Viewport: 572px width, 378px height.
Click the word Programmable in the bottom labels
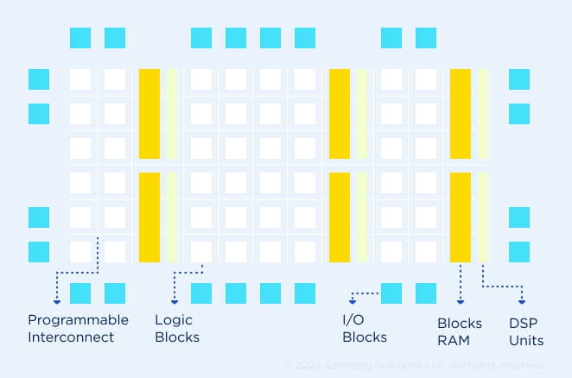click(78, 320)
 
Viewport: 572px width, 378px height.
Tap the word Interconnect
click(71, 337)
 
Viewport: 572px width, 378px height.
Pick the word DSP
click(522, 323)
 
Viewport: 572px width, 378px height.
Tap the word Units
click(525, 340)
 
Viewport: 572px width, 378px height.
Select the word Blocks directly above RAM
click(460, 323)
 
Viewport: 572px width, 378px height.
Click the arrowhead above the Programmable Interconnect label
click(57, 301)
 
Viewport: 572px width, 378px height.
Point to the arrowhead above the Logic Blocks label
click(175, 301)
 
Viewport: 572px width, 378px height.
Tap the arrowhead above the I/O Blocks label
click(353, 301)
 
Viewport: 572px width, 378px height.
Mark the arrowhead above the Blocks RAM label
click(461, 301)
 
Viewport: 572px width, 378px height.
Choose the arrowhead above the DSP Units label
click(522, 301)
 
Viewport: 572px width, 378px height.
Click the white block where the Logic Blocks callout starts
click(201, 251)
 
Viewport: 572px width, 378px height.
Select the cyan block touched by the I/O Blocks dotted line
click(391, 293)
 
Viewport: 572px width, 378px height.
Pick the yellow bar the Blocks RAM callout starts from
click(461, 217)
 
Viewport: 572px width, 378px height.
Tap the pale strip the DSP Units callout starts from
click(483, 217)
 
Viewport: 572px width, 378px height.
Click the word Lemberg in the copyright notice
click(350, 365)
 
